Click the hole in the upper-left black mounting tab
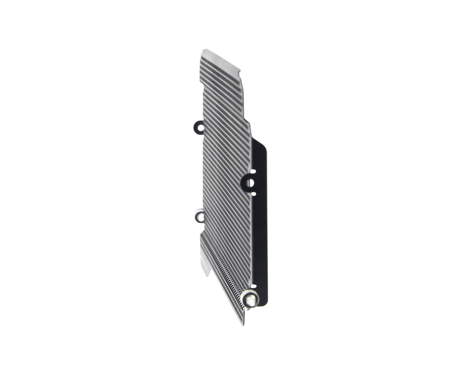tap(200, 127)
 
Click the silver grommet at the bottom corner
tap(250, 300)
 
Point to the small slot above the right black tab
tap(253, 171)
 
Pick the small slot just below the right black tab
tap(253, 194)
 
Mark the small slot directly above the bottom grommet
tap(253, 286)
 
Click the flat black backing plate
tap(260, 235)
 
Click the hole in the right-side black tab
tap(250, 183)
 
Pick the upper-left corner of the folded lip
tap(201, 234)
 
